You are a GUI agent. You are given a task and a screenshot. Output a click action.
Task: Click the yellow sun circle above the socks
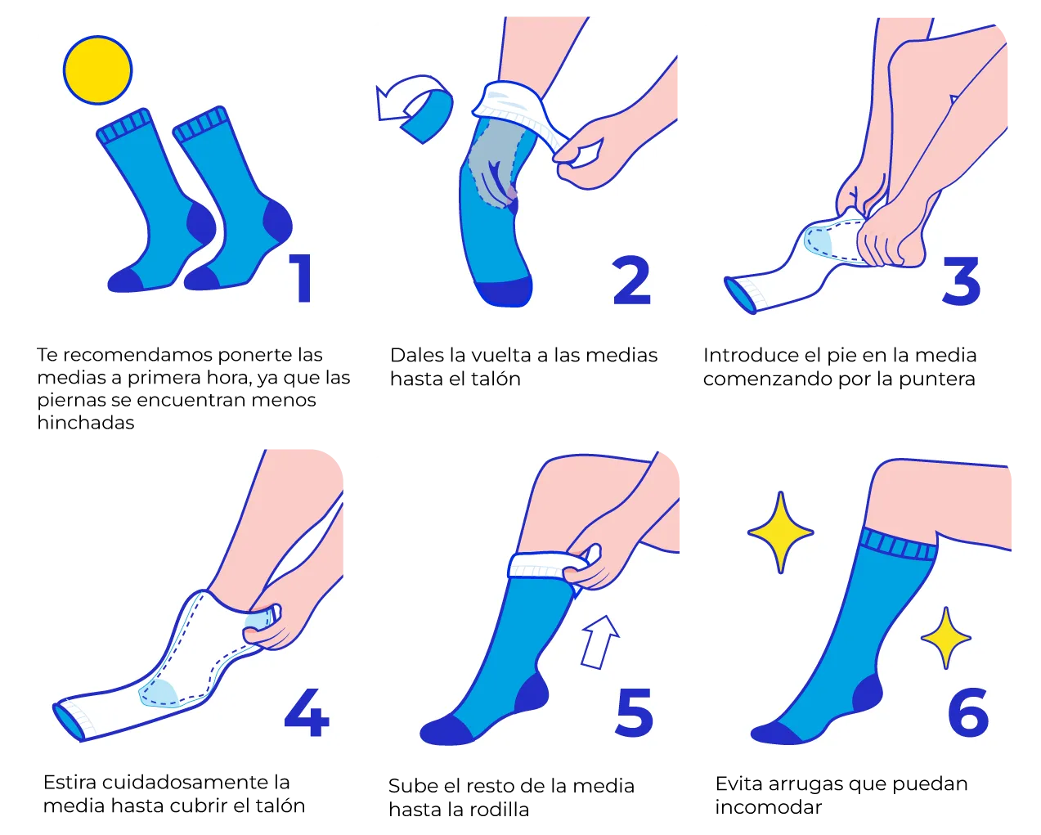pyautogui.click(x=97, y=70)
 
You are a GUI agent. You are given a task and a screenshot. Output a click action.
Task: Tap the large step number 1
pyautogui.click(x=301, y=278)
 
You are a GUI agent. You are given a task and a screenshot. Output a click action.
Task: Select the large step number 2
pyautogui.click(x=632, y=281)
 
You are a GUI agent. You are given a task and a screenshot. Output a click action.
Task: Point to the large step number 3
pyautogui.click(x=962, y=281)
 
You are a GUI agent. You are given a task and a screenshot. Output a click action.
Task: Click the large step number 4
pyautogui.click(x=307, y=712)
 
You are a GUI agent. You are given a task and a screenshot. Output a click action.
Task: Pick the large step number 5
pyautogui.click(x=635, y=714)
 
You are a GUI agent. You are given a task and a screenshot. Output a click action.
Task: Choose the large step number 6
pyautogui.click(x=967, y=712)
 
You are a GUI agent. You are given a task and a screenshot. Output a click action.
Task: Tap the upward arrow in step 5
pyautogui.click(x=600, y=643)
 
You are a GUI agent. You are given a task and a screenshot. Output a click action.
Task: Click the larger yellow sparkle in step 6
pyautogui.click(x=780, y=532)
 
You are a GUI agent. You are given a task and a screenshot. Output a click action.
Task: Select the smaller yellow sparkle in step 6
pyautogui.click(x=945, y=638)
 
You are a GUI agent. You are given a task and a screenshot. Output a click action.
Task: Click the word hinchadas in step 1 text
pyautogui.click(x=86, y=423)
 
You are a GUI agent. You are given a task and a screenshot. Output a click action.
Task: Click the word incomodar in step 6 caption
pyautogui.click(x=768, y=807)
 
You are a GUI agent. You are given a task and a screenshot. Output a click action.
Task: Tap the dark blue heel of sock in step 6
pyautogui.click(x=868, y=694)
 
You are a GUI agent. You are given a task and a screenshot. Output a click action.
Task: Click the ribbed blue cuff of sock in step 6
pyautogui.click(x=898, y=545)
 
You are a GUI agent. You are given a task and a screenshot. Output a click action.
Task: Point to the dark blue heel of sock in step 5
pyautogui.click(x=532, y=692)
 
